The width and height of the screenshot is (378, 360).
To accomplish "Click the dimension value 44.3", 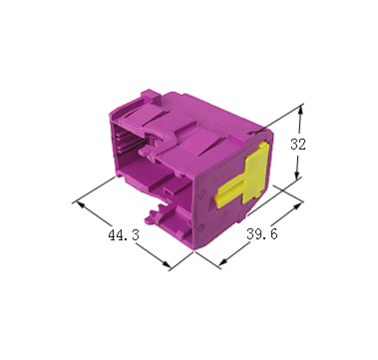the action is coord(124,235).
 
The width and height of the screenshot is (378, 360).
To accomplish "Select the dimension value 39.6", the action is coord(261,234).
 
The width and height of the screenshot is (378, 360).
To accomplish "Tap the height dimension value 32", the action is coord(298,145).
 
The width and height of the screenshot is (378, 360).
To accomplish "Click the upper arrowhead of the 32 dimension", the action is coord(300,111).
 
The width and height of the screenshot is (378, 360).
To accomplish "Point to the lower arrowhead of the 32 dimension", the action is coord(297,174).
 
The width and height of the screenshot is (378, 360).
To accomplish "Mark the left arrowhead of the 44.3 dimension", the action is coord(82,205).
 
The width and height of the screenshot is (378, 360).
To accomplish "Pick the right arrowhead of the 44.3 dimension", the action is coord(166,263).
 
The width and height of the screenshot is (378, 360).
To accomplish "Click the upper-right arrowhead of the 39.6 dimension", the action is coord(297,206).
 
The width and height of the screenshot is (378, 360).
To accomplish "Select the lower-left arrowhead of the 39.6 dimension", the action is coord(224,261).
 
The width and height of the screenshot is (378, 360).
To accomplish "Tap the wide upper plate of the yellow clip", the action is coord(255,173).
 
